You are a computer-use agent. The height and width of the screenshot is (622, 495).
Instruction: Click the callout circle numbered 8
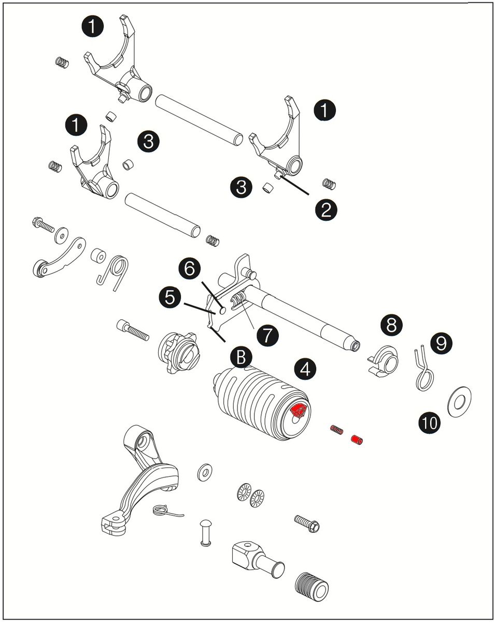click(391, 325)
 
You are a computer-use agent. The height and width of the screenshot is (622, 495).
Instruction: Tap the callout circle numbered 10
click(430, 423)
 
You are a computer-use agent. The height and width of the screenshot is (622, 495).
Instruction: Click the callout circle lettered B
click(242, 357)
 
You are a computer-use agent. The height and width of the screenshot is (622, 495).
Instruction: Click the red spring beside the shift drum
click(337, 429)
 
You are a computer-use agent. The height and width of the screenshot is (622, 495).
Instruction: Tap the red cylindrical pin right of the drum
click(357, 440)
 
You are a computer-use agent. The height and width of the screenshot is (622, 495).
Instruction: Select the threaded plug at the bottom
click(312, 587)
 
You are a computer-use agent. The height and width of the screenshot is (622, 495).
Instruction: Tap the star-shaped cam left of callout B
click(179, 353)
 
